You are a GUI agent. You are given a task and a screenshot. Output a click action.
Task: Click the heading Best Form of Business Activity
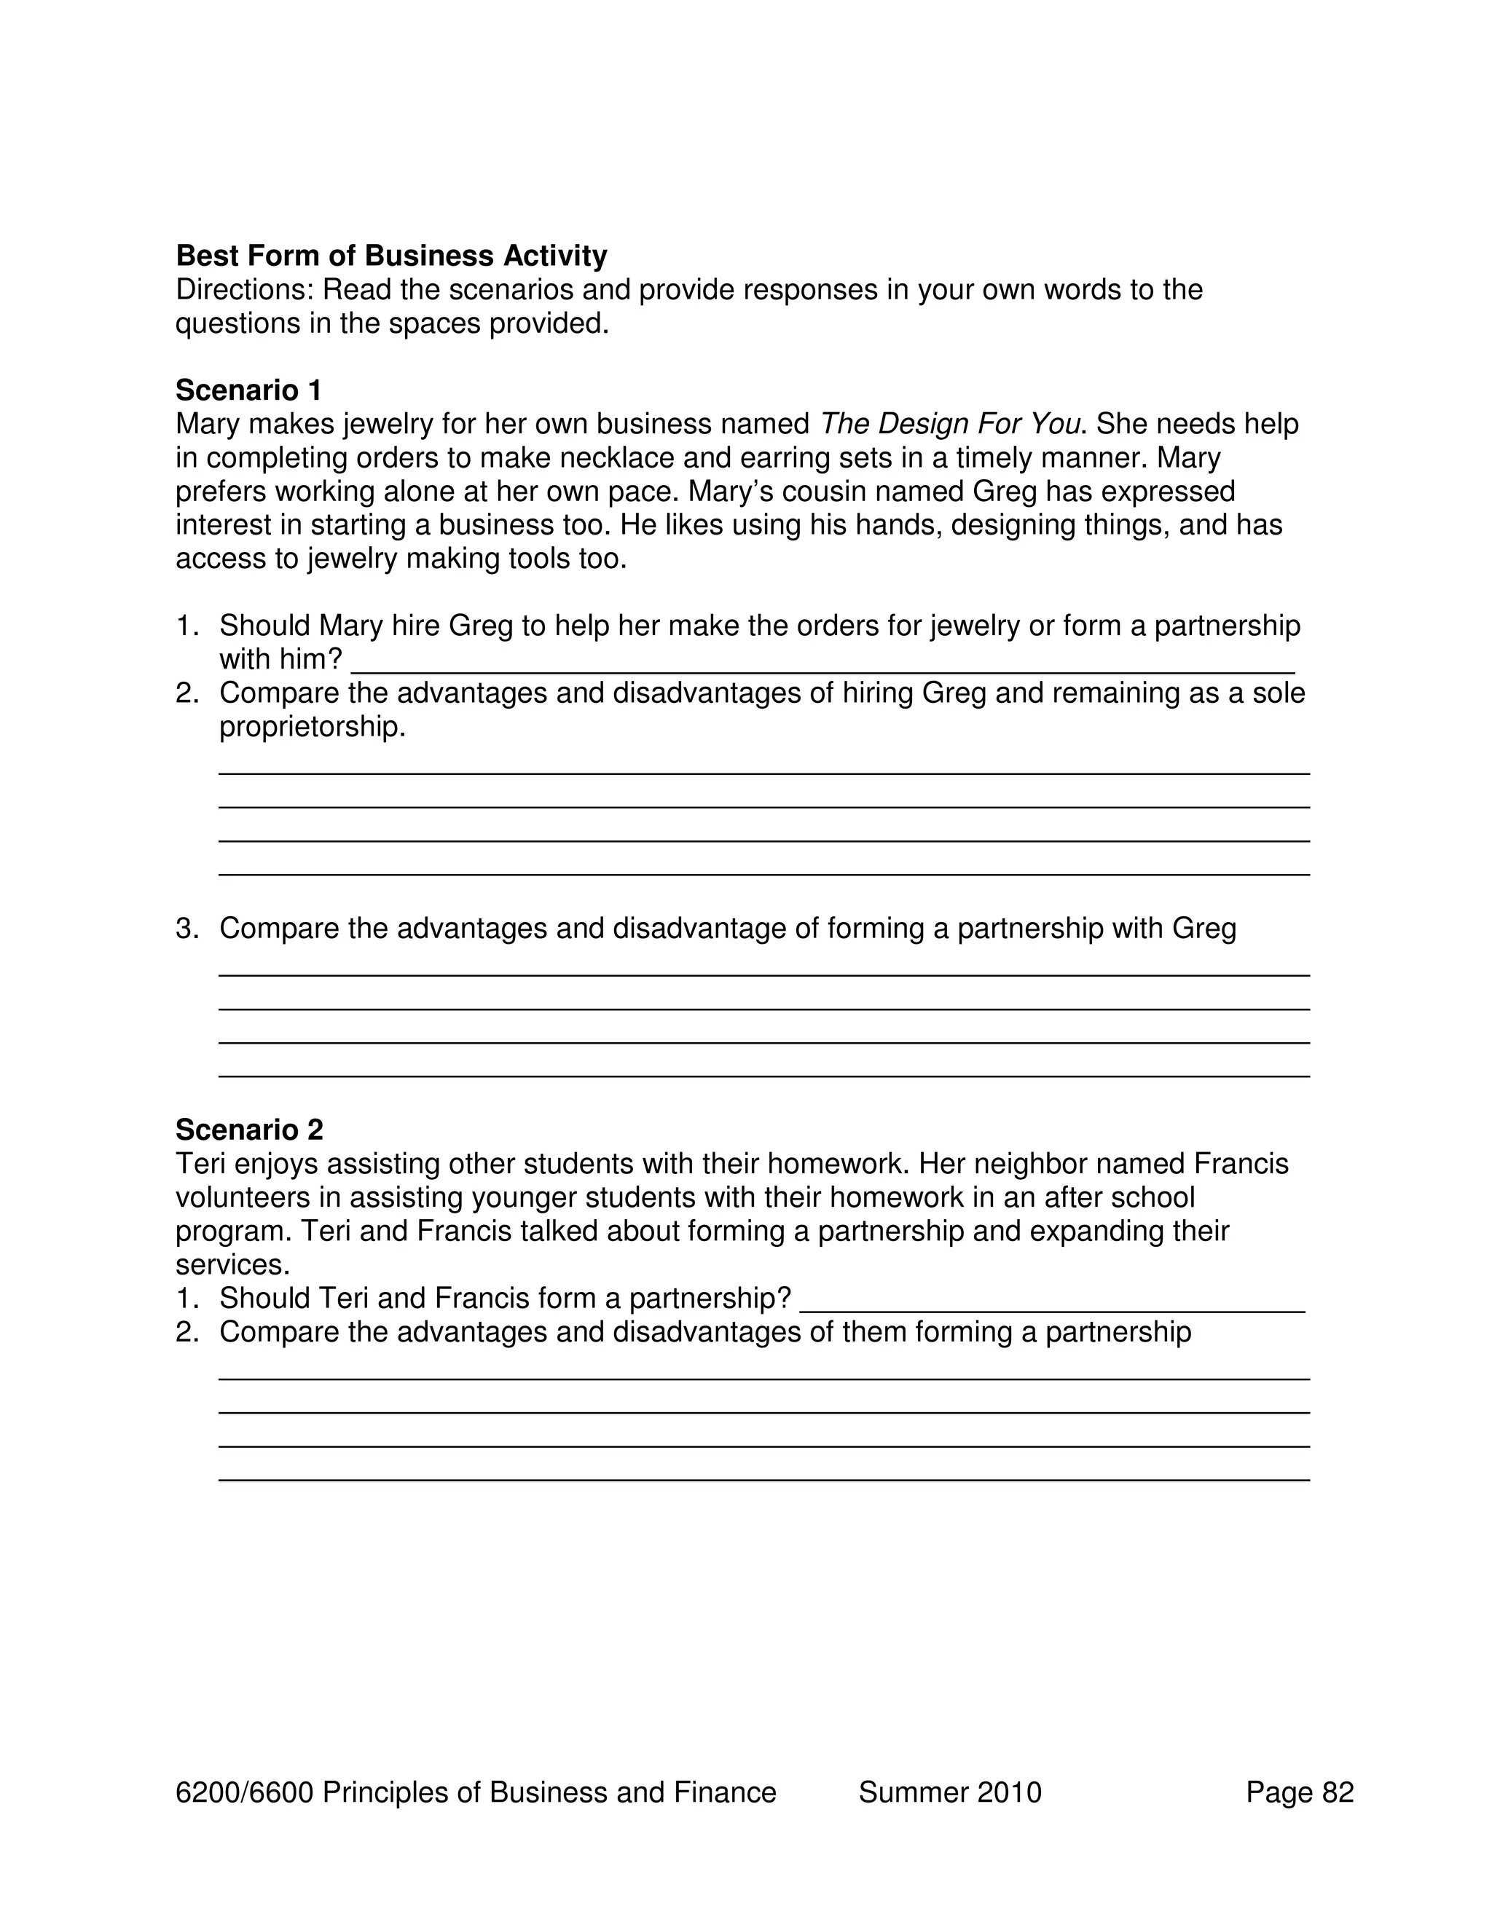391,256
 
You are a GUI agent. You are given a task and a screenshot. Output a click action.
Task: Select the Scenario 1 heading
248,390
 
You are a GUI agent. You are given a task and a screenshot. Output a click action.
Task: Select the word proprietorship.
312,728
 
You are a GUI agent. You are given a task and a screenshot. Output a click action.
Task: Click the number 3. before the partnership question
186,929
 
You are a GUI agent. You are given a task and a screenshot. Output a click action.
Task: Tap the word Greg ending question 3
1204,929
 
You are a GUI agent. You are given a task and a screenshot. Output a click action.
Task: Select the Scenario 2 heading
249,1130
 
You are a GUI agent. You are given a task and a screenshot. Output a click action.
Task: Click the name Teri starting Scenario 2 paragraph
199,1164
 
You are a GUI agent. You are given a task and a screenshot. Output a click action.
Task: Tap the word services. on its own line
232,1264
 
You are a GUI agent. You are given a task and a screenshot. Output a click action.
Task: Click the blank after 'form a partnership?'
1052,1299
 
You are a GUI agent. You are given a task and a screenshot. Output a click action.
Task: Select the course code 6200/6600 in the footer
245,1792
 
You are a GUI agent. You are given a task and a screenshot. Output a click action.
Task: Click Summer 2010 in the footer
950,1792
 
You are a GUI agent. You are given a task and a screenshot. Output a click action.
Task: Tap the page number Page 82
1300,1792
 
